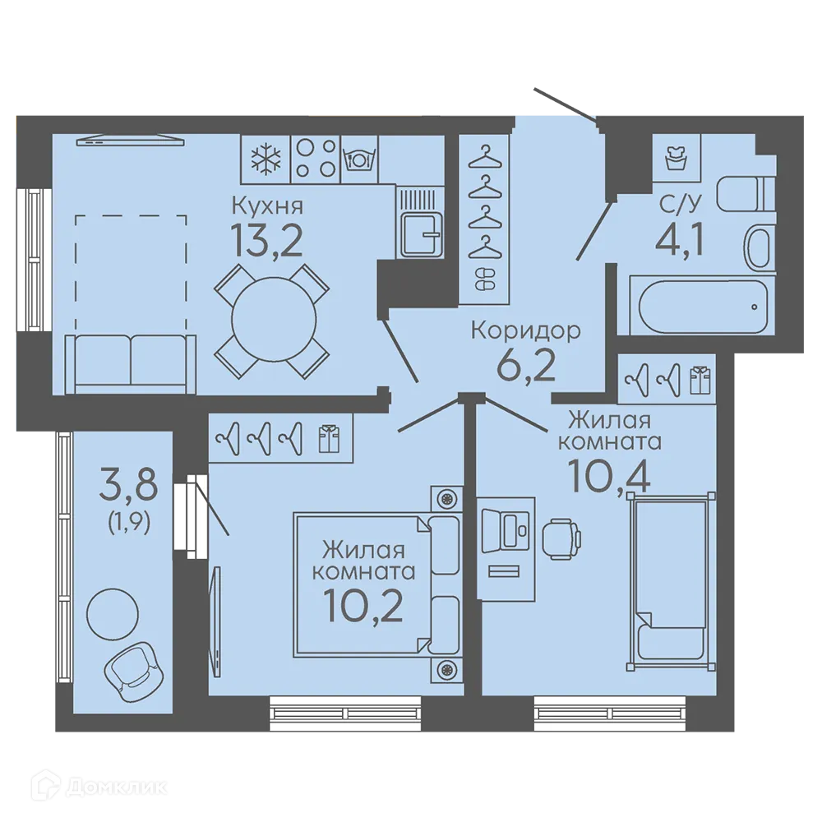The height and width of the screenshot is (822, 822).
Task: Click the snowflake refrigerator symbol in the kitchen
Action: [x=266, y=159]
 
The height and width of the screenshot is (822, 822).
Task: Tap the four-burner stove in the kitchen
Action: [x=316, y=159]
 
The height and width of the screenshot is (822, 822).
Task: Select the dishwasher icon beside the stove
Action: [x=360, y=158]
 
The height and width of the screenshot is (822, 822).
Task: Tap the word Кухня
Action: [x=267, y=206]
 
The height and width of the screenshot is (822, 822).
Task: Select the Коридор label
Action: [x=526, y=331]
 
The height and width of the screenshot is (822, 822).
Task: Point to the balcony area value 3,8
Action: [x=128, y=486]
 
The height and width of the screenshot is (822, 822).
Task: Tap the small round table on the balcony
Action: [x=112, y=613]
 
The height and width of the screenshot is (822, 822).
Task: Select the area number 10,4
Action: [x=610, y=477]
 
